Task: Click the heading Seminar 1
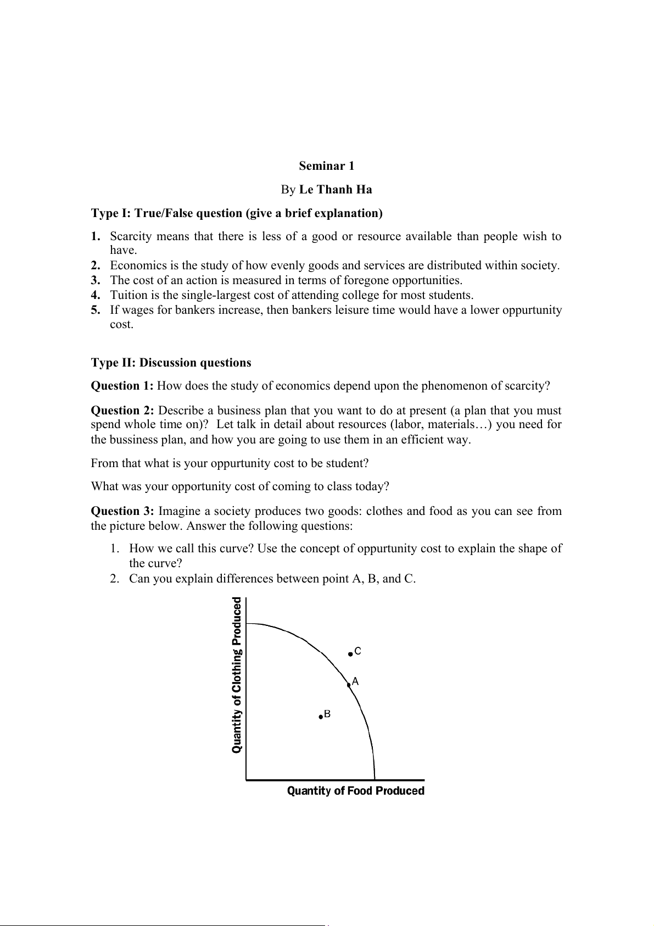327,166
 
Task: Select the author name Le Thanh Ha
336,190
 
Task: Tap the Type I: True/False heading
237,213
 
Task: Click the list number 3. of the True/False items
96,280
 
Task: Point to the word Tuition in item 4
127,295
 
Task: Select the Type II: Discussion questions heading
171,363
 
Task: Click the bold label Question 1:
122,386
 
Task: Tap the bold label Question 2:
122,411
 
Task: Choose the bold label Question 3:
122,511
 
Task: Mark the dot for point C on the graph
350,654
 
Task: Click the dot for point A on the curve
349,685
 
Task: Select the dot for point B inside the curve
321,717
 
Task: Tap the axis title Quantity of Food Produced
356,791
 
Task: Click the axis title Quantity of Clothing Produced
237,675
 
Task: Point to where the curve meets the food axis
374,779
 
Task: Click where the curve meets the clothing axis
247,624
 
